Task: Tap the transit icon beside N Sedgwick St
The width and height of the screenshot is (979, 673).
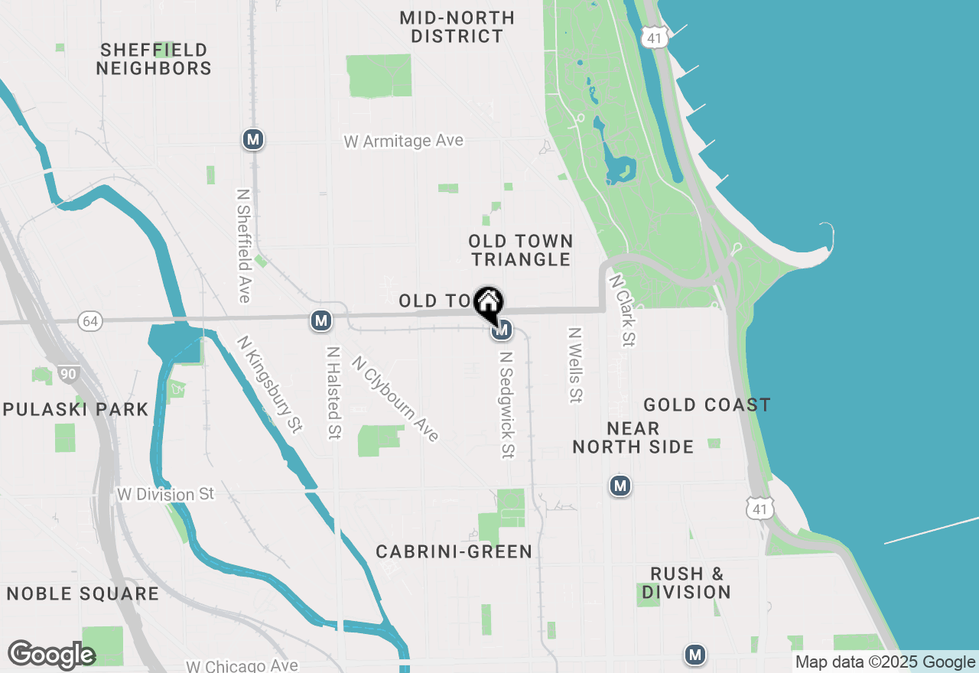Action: [502, 330]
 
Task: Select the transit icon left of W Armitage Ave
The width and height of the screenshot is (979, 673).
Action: [253, 140]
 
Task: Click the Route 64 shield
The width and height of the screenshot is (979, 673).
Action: [90, 321]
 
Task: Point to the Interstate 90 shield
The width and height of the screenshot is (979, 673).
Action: [67, 374]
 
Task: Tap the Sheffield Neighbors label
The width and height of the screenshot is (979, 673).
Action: [154, 59]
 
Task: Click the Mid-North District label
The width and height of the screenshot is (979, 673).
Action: [457, 27]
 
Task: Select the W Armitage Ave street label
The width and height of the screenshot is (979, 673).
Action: [404, 141]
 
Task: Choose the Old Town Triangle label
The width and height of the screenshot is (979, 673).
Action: [521, 250]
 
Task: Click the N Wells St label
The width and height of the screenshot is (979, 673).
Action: [575, 366]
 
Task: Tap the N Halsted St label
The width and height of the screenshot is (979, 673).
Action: [333, 393]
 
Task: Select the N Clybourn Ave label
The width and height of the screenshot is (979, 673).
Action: [395, 399]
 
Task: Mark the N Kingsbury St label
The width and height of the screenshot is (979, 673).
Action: [270, 385]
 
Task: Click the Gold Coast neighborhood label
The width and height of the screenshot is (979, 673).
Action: [707, 405]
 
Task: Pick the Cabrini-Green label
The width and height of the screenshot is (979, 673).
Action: [454, 551]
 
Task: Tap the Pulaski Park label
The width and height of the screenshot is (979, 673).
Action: [75, 409]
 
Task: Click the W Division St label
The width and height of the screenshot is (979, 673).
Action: [166, 494]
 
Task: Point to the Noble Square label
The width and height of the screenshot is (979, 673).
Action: [83, 593]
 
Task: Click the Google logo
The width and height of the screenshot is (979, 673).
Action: [51, 655]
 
